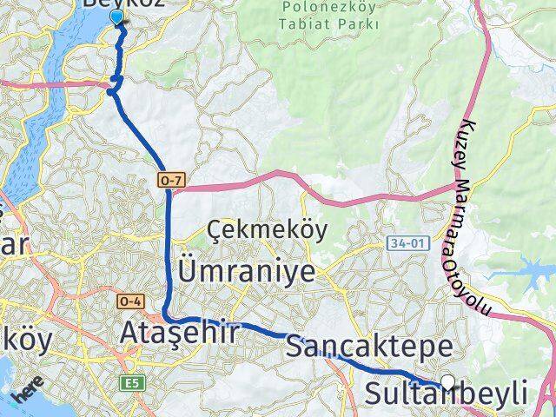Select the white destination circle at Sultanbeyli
point(448,381)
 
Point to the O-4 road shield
point(129,301)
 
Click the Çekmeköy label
point(254,230)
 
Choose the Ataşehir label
point(178,333)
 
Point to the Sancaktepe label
point(368,348)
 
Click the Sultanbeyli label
point(446,396)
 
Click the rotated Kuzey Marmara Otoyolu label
point(483,217)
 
